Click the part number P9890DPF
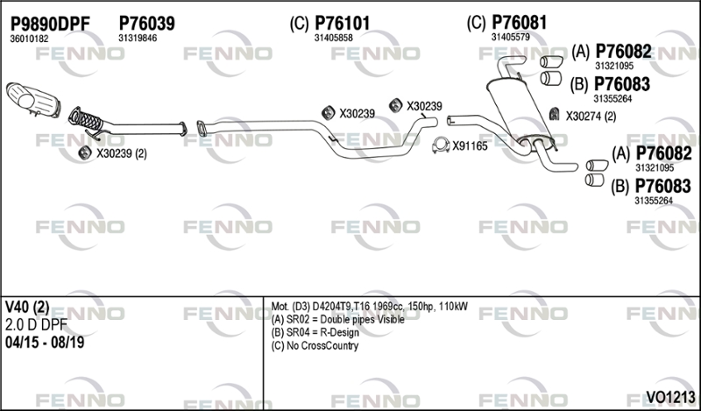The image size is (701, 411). [50, 24]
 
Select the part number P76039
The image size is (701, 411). [146, 24]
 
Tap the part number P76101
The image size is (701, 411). [343, 24]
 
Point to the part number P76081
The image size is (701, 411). [520, 23]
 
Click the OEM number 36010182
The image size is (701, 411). [29, 39]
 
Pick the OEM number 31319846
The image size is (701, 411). [138, 38]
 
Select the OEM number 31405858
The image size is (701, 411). [334, 38]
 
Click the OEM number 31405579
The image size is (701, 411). [511, 37]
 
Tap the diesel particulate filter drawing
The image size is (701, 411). [32, 100]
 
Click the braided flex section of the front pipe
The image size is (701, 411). [87, 119]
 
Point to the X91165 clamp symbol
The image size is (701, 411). [441, 145]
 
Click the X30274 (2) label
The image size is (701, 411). [591, 117]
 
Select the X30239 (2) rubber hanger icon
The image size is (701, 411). [84, 153]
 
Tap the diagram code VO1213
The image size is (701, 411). [670, 396]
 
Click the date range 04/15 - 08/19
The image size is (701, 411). [45, 343]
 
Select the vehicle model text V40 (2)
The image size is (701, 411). [27, 307]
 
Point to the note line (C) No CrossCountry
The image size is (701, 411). [315, 345]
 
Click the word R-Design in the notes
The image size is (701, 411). [339, 333]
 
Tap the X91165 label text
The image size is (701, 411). [470, 146]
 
